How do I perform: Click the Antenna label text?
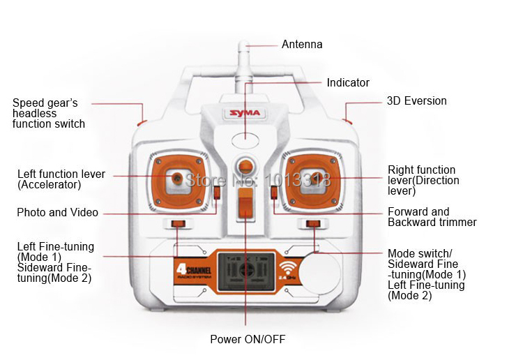pos(302,45)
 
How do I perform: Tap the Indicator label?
pos(348,83)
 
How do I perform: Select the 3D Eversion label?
pos(416,101)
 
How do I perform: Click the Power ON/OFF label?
pos(248,340)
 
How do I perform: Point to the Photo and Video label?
pos(57,213)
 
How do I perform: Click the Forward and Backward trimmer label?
pos(432,217)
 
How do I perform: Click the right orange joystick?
pos(312,179)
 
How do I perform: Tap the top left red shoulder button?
pos(142,122)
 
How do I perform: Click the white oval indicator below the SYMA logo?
pos(245,140)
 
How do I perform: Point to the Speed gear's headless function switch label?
pos(48,113)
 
